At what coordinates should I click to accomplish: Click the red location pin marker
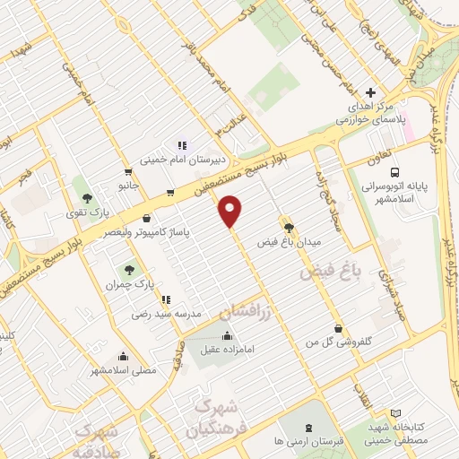coord(231,211)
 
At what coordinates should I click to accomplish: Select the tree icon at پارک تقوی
coord(87,198)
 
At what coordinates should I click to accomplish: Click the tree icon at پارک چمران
coord(130,268)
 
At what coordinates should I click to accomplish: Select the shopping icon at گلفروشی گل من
coord(337,329)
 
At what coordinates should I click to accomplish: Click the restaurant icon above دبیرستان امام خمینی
coord(182,145)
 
